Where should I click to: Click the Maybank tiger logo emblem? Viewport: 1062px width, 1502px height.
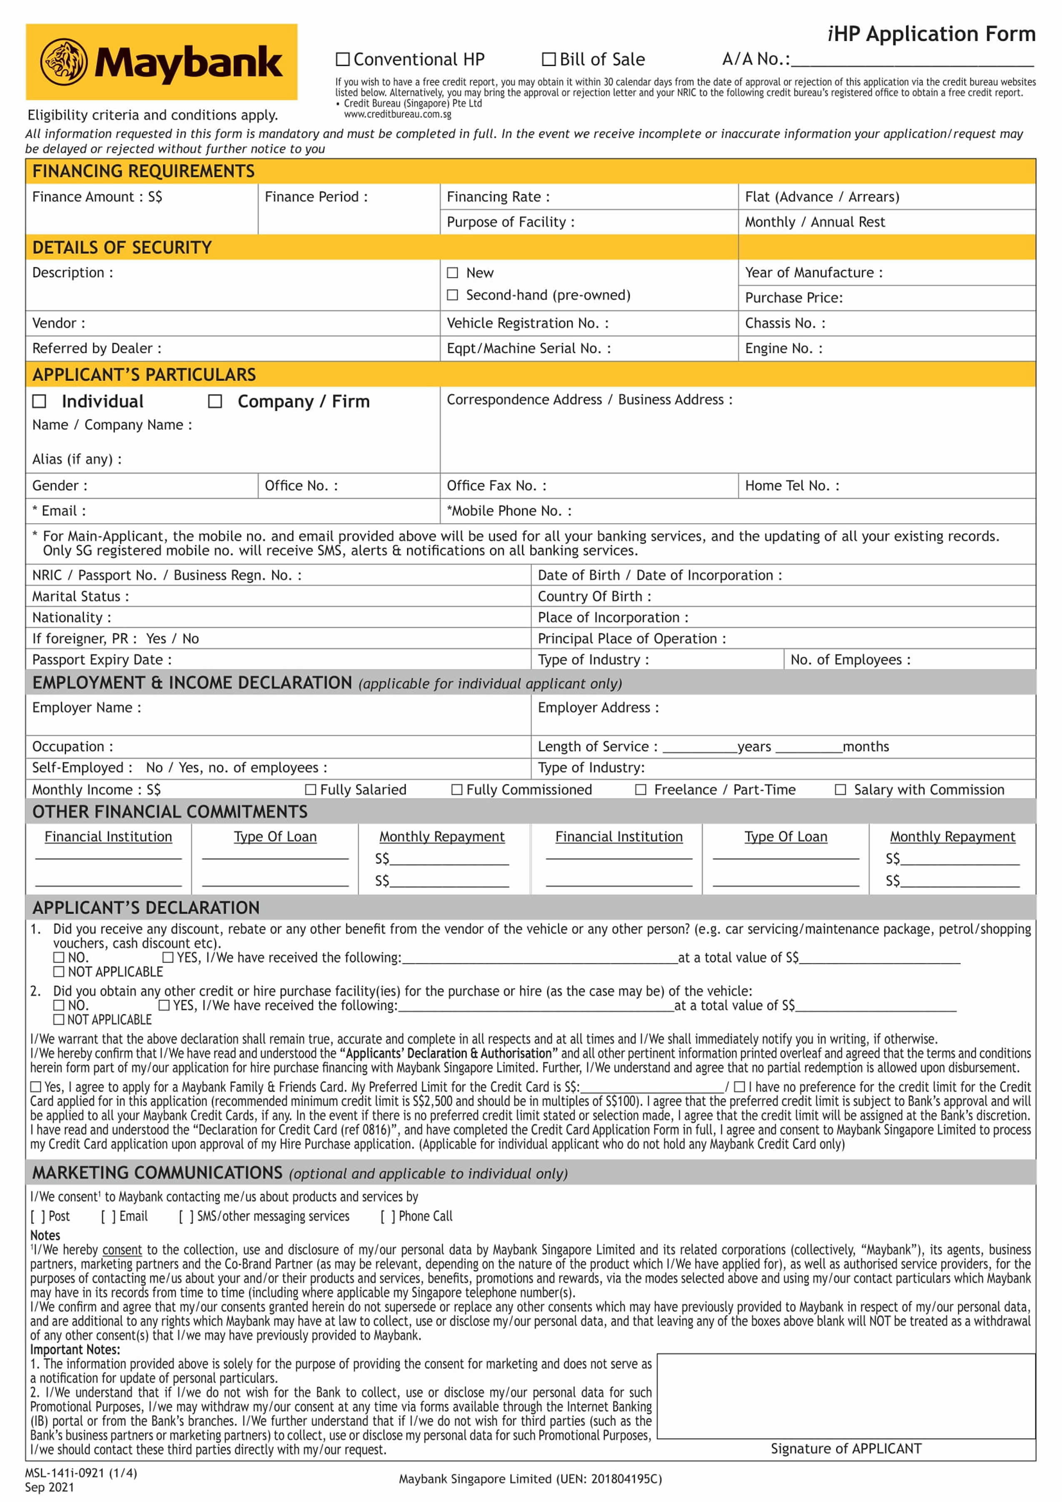63,62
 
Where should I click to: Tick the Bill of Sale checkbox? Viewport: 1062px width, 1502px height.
548,60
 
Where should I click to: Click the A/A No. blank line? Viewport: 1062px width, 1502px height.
912,60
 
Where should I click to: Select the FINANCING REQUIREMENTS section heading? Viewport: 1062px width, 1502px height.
143,171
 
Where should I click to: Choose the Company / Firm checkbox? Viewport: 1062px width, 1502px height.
215,401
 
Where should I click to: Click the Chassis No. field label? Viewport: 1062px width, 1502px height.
785,323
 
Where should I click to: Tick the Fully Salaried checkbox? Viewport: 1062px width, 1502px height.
311,790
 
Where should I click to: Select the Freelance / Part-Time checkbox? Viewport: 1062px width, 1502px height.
641,790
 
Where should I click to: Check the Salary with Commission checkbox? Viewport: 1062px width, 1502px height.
840,790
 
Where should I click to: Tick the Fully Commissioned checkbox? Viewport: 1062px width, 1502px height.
457,790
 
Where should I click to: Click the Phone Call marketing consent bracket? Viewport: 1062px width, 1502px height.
388,1216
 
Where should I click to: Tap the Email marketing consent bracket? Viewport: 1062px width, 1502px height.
109,1216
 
